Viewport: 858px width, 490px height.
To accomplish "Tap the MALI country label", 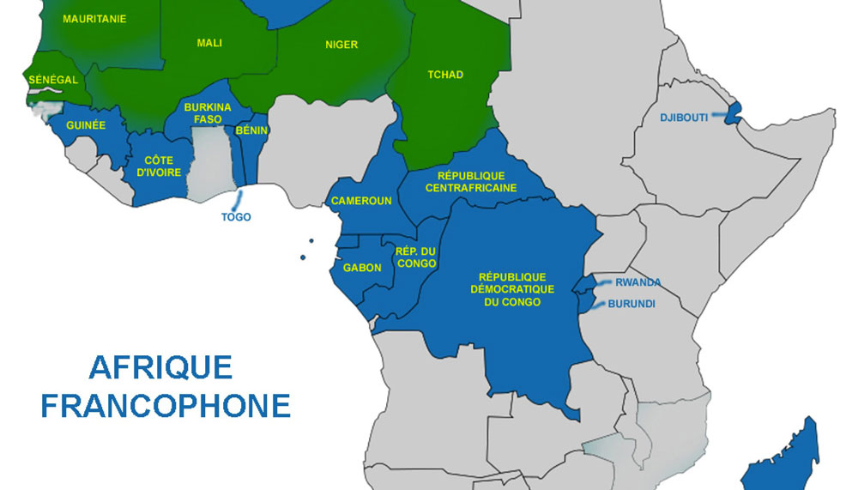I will point(209,42).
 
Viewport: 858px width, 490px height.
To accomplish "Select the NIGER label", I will point(341,45).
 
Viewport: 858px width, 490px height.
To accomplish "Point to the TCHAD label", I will point(445,75).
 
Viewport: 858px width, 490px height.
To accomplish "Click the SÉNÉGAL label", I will point(53,80).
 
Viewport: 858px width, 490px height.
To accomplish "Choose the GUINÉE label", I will point(85,125).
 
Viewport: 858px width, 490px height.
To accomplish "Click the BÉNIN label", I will point(251,130).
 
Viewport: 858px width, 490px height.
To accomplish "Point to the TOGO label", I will point(236,217).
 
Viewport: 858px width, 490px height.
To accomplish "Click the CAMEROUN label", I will point(361,201).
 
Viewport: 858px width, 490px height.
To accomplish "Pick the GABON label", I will point(362,268).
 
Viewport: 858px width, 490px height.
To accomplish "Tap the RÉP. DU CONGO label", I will point(416,257).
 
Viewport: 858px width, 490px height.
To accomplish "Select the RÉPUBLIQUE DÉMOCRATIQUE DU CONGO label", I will point(511,289).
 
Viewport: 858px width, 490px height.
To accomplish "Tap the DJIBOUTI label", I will point(684,118).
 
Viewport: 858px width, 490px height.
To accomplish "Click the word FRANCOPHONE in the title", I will point(166,405).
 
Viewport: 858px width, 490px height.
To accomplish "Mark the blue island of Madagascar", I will point(785,459).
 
